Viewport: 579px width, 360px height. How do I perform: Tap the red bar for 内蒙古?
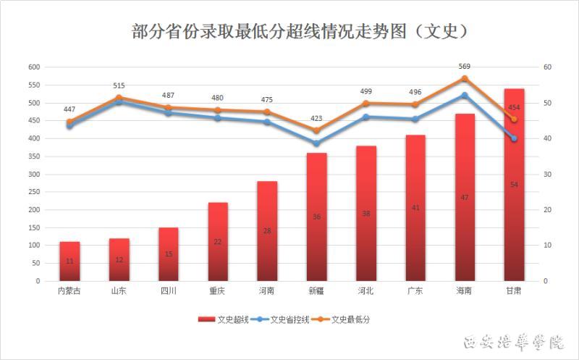tap(69, 261)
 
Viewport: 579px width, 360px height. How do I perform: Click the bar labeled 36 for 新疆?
tap(316, 217)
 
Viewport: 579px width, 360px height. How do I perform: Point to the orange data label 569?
tap(465, 67)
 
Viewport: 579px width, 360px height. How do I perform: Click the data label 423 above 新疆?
tap(316, 118)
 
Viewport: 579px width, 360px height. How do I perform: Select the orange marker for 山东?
tap(119, 97)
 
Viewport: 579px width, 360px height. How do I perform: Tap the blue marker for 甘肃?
tap(514, 138)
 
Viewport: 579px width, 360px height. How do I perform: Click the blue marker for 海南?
tap(465, 95)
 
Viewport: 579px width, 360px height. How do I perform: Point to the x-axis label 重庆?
tap(218, 291)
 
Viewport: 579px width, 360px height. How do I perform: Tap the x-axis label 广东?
tap(415, 291)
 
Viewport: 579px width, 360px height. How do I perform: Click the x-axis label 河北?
tap(365, 291)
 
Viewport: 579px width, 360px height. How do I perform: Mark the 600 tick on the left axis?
tap(33, 67)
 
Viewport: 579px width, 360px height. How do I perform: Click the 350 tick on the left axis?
tap(33, 156)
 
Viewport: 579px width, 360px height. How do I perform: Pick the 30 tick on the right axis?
tap(547, 174)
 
